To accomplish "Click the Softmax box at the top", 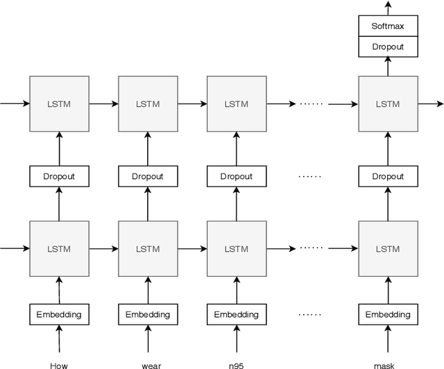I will pyautogui.click(x=388, y=27).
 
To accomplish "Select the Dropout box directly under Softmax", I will pyautogui.click(x=388, y=46).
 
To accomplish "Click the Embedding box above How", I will pyautogui.click(x=59, y=314).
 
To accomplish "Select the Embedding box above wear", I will pyautogui.click(x=148, y=314).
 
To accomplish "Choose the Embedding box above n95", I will pyautogui.click(x=237, y=314).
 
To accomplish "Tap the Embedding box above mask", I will pyautogui.click(x=388, y=314).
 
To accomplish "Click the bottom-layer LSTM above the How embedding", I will pyautogui.click(x=59, y=248).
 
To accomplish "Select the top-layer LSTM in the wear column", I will pyautogui.click(x=148, y=104).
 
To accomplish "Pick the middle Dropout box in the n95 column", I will pyautogui.click(x=237, y=176).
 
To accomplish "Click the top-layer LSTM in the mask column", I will pyautogui.click(x=388, y=104).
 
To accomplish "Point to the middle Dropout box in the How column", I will pyautogui.click(x=59, y=176).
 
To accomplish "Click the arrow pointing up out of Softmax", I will pyautogui.click(x=388, y=8).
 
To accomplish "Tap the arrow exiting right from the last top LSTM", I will pyautogui.click(x=430, y=104).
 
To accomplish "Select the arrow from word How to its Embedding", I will pyautogui.click(x=59, y=340).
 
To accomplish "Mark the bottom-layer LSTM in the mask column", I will pyautogui.click(x=388, y=248).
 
